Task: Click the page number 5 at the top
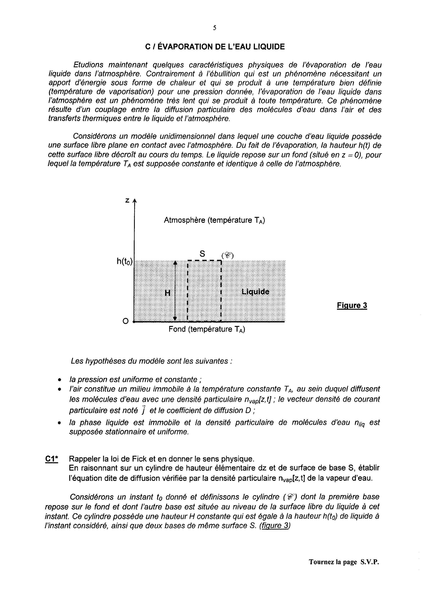pyautogui.click(x=214, y=28)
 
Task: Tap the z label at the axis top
pyautogui.click(x=127, y=200)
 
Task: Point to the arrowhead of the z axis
pyautogui.click(x=134, y=201)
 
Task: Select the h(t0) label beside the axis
pyautogui.click(x=125, y=261)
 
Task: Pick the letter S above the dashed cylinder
pyautogui.click(x=202, y=253)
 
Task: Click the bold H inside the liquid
pyautogui.click(x=168, y=293)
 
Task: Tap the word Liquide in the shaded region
pyautogui.click(x=255, y=292)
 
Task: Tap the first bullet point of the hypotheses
pyautogui.click(x=60, y=380)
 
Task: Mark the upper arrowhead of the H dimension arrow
pyautogui.click(x=175, y=263)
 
